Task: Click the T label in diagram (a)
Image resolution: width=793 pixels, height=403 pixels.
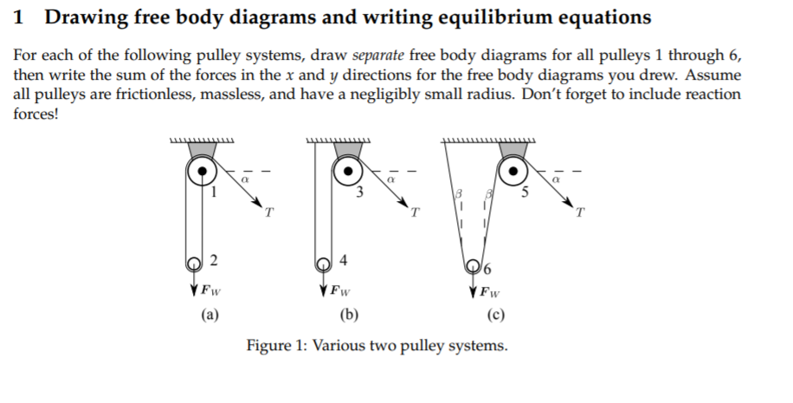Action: click(x=270, y=211)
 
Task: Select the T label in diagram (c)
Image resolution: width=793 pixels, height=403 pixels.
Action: click(x=581, y=211)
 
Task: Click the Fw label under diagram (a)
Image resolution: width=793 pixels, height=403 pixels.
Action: click(x=209, y=290)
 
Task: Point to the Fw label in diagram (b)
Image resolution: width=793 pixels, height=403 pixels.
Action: click(x=340, y=290)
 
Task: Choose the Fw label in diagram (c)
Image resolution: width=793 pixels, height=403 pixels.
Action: click(x=491, y=290)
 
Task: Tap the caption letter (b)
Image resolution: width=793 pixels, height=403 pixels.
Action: click(x=351, y=315)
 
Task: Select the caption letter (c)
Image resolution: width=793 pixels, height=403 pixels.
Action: click(x=496, y=315)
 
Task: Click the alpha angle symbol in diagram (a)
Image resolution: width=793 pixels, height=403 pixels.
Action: click(x=245, y=177)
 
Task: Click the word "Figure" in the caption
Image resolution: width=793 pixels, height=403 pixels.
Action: click(x=269, y=346)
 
